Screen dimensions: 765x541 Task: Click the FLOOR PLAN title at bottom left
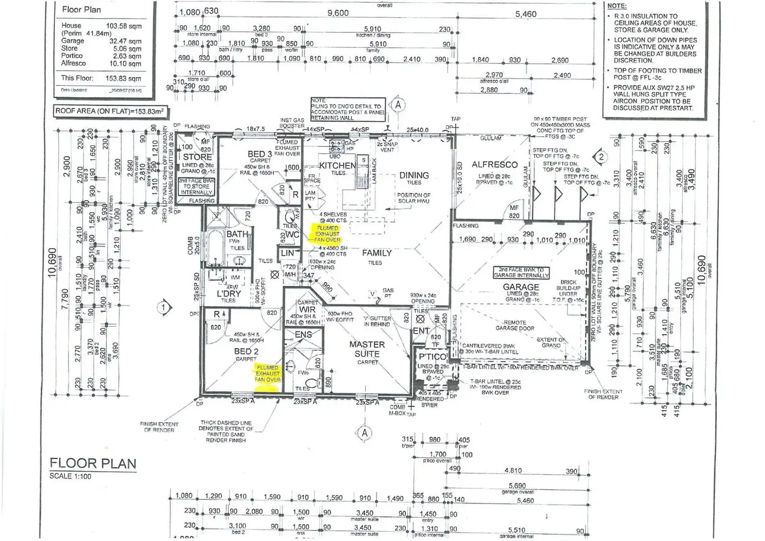coord(93,463)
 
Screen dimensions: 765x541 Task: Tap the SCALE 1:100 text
coord(70,476)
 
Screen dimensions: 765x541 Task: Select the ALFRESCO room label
coord(494,164)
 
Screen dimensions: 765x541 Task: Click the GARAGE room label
coord(521,287)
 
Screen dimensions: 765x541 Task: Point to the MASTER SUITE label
coord(367,349)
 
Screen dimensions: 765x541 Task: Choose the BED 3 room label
coord(259,154)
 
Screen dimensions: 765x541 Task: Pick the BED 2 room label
coord(246,352)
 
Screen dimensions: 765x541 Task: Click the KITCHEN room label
coord(337,165)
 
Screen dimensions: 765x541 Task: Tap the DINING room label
coord(414,175)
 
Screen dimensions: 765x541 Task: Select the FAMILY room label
coord(377,253)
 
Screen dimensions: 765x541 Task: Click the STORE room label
coord(197,157)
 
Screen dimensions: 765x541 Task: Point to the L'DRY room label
coord(229,293)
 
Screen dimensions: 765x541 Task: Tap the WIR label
coord(307,309)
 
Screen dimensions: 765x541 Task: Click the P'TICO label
coord(432,357)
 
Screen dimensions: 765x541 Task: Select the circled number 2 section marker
coord(601,157)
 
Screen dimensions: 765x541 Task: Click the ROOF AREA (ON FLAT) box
coord(111,111)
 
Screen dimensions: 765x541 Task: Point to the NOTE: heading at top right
coord(617,6)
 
